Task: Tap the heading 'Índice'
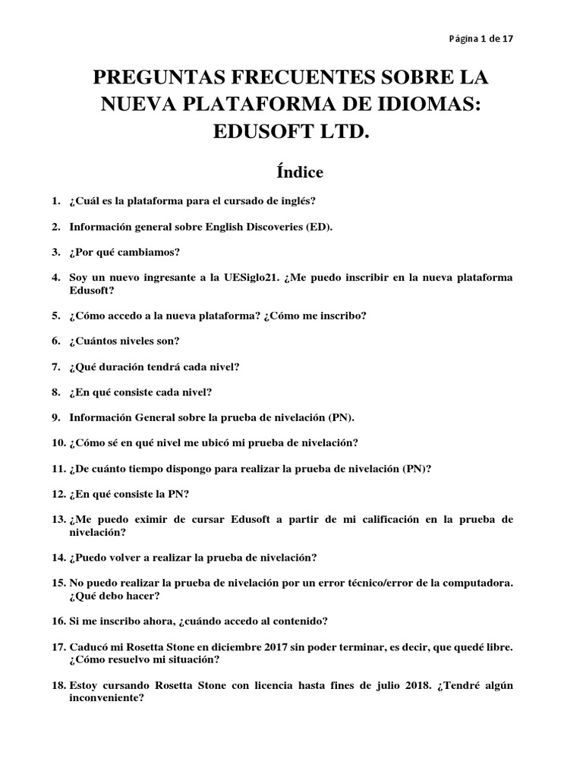tap(291, 172)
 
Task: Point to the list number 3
tap(55, 252)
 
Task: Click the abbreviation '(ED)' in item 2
tap(319, 227)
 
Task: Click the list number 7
tap(55, 366)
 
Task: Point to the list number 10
tap(58, 442)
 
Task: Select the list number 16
tap(58, 621)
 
